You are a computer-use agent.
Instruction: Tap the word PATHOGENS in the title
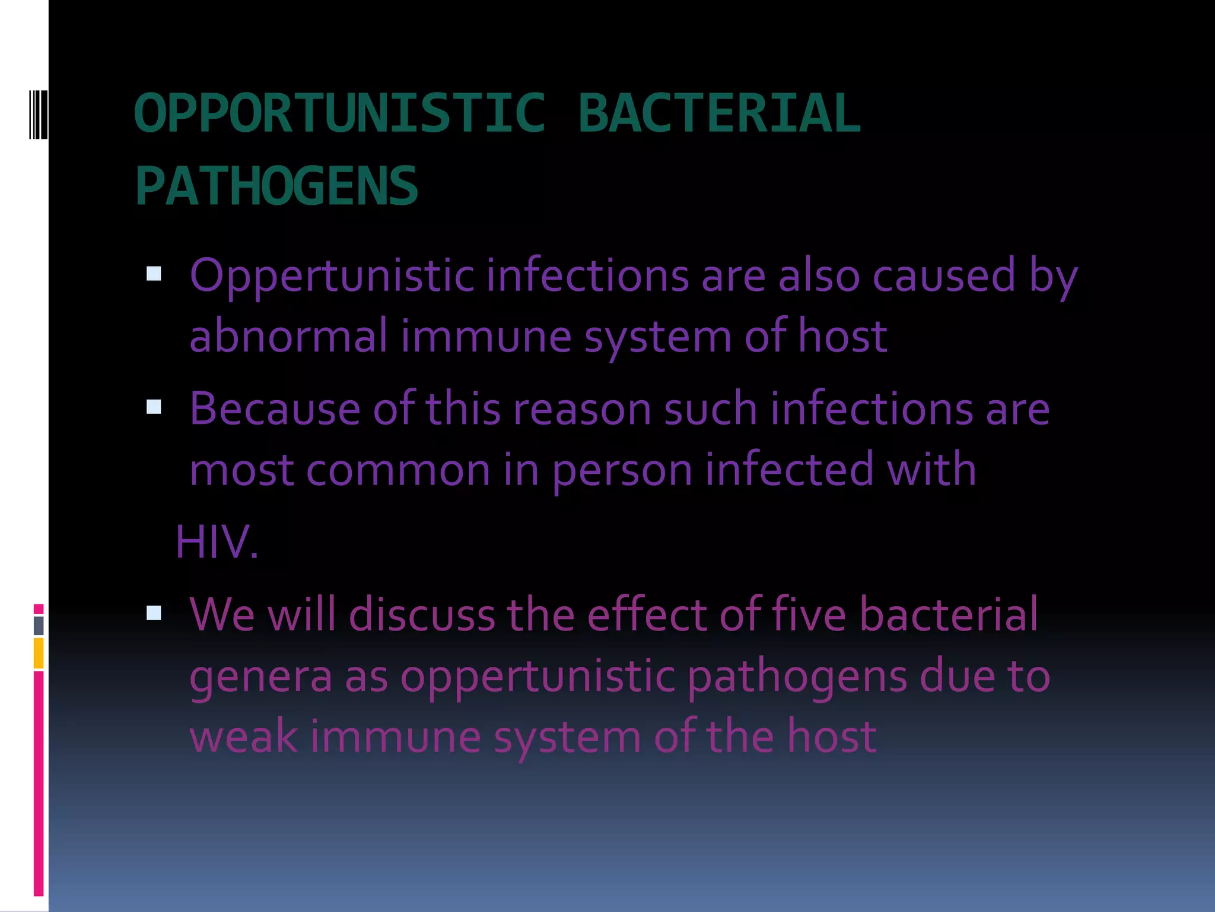[276, 186]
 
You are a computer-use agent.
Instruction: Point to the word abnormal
[288, 336]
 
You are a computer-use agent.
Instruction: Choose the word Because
[275, 409]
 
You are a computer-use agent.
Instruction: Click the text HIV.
[217, 542]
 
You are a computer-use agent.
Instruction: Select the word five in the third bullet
[807, 614]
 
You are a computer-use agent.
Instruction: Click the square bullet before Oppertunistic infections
[154, 274]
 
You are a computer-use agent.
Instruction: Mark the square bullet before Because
[154, 407]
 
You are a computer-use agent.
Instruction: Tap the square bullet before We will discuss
[154, 612]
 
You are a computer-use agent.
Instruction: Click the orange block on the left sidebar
[39, 653]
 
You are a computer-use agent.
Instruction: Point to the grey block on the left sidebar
[39, 625]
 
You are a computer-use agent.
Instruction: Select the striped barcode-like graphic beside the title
[39, 114]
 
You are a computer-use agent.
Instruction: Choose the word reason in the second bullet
[583, 409]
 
